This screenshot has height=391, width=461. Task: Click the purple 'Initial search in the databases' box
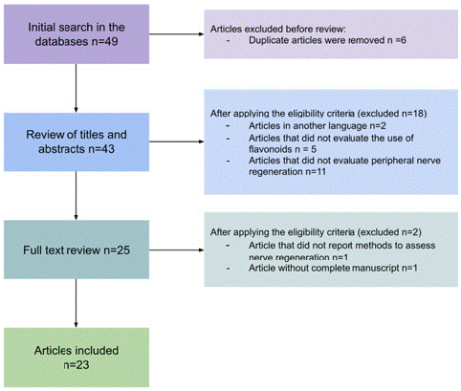pyautogui.click(x=77, y=34)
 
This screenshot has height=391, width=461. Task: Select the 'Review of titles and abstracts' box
pyautogui.click(x=77, y=141)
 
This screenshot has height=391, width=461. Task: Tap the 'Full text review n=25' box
pyautogui.click(x=77, y=250)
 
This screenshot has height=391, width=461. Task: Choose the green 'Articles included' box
pyautogui.click(x=77, y=358)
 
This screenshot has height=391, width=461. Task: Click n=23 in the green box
pyautogui.click(x=77, y=365)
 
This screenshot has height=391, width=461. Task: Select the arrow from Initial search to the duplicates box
pyautogui.click(x=177, y=34)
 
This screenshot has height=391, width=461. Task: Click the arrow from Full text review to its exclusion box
pyautogui.click(x=177, y=250)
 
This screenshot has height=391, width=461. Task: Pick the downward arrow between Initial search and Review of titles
pyautogui.click(x=76, y=88)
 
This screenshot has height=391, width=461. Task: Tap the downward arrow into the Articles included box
pyautogui.click(x=76, y=303)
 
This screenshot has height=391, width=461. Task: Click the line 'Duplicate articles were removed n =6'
pyautogui.click(x=327, y=40)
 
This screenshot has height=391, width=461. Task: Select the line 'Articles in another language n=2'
pyautogui.click(x=318, y=126)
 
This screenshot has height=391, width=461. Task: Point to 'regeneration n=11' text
pyautogui.click(x=287, y=172)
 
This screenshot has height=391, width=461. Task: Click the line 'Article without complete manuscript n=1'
pyautogui.click(x=333, y=268)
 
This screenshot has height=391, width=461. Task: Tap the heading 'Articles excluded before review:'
pyautogui.click(x=278, y=29)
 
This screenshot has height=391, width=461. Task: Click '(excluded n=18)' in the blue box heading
pyautogui.click(x=392, y=114)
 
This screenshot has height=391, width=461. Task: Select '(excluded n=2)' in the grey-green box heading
pyautogui.click(x=389, y=232)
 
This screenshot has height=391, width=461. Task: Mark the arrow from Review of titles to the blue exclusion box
pyautogui.click(x=177, y=141)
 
